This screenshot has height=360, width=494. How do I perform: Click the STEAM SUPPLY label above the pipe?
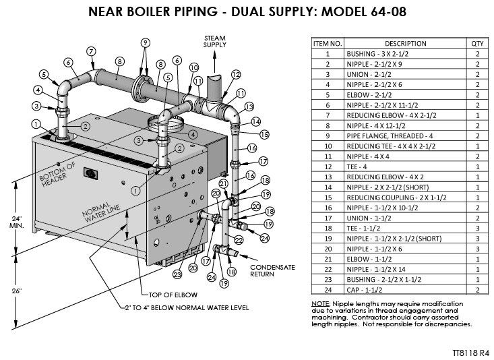tap(216, 41)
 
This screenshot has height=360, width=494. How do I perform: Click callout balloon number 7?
tap(90, 51)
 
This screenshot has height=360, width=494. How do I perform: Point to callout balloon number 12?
tap(236, 75)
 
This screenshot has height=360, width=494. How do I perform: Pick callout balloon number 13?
tap(249, 107)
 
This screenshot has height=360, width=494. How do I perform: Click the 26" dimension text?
tap(16, 291)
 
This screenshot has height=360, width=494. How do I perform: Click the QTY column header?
tap(476, 43)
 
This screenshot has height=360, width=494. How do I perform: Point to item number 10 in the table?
tap(327, 146)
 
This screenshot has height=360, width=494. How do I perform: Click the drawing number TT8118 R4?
tap(470, 352)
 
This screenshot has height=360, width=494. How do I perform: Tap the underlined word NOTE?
tap(320, 304)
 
